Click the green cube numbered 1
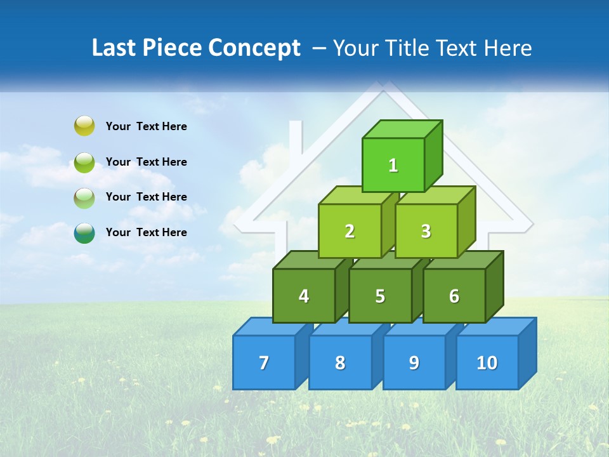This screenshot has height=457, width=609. click(393, 165)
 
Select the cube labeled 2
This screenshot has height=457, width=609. click(350, 231)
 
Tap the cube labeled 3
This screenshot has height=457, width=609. click(426, 231)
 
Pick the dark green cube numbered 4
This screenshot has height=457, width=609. click(304, 296)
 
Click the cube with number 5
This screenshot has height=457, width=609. click(380, 296)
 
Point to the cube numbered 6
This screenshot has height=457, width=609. click(454, 296)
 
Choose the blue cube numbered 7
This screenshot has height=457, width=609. click(264, 362)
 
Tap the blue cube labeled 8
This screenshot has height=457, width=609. click(340, 362)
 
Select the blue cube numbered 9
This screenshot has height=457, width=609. click(414, 362)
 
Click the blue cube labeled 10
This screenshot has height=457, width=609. click(487, 362)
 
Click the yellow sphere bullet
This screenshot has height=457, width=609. click(84, 126)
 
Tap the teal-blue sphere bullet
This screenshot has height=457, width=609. click(84, 232)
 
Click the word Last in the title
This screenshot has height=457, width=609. click(114, 48)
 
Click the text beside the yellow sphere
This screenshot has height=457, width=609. click(147, 126)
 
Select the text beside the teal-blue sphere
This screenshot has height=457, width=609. click(147, 232)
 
